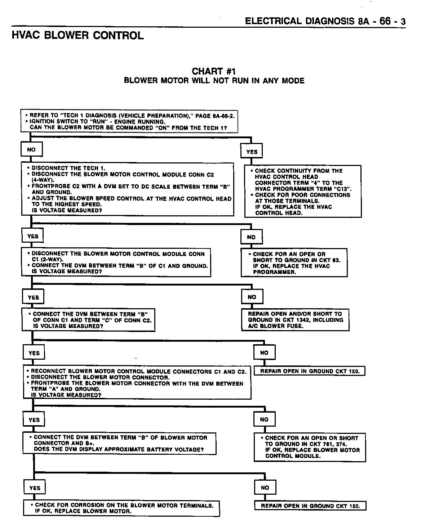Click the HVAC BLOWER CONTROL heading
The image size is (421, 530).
pyautogui.click(x=77, y=35)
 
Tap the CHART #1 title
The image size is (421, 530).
pyautogui.click(x=214, y=71)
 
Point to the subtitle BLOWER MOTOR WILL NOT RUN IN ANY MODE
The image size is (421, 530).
pyautogui.click(x=214, y=80)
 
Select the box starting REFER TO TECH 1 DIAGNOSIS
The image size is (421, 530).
pyautogui.click(x=130, y=122)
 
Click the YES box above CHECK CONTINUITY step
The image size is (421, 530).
pyautogui.click(x=252, y=152)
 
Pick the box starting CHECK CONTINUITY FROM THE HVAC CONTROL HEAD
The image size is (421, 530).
pyautogui.click(x=303, y=192)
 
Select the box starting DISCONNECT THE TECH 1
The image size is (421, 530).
pyautogui.click(x=128, y=189)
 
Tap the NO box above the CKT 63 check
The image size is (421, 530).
pyautogui.click(x=251, y=237)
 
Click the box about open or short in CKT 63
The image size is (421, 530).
pyautogui.click(x=294, y=263)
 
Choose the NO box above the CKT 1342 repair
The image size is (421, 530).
pyautogui.click(x=252, y=297)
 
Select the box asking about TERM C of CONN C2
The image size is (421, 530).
pyautogui.click(x=89, y=320)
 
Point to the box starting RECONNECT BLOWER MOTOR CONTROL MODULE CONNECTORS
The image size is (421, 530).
pyautogui.click(x=137, y=383)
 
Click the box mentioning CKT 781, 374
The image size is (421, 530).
pyautogui.click(x=310, y=447)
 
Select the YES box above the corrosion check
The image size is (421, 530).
pyautogui.click(x=35, y=488)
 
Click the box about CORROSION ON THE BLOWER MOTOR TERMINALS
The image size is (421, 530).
pyautogui.click(x=122, y=508)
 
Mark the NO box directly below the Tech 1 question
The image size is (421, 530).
pyautogui.click(x=32, y=149)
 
